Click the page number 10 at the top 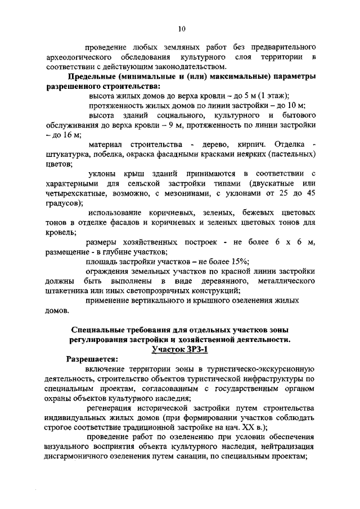pos(181,29)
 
